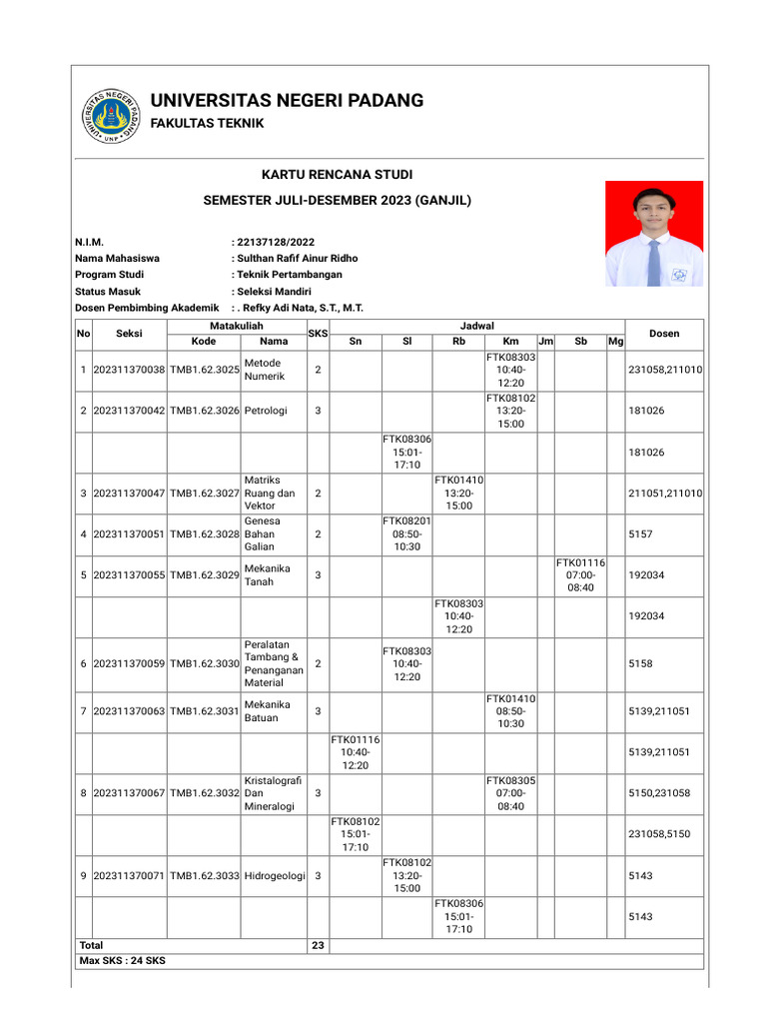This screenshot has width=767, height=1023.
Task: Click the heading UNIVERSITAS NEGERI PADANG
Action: [x=287, y=101]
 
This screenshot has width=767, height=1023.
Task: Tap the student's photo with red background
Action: [x=654, y=233]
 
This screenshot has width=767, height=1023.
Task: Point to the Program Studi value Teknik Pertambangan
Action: [x=289, y=274]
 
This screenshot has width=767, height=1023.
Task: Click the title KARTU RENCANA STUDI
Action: [x=337, y=175]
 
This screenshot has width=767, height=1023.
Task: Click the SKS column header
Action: [x=318, y=333]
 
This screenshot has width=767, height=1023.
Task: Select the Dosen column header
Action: [x=664, y=333]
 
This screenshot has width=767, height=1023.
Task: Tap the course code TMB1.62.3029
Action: [x=205, y=575]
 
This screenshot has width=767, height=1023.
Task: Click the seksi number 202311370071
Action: [x=129, y=875]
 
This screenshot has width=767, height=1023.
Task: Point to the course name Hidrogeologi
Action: [x=274, y=875]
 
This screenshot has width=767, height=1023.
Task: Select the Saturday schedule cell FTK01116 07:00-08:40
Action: [x=580, y=575]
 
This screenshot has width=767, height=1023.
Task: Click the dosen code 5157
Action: [x=639, y=534]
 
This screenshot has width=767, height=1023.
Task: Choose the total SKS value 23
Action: [x=318, y=945]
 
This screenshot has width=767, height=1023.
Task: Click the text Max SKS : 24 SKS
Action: [x=123, y=961]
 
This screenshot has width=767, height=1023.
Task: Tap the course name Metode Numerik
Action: [x=264, y=370]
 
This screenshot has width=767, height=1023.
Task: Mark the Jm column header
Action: [x=545, y=342]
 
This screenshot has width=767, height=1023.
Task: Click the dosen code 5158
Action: [x=639, y=663]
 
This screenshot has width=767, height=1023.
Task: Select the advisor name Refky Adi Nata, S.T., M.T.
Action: [x=301, y=308]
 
